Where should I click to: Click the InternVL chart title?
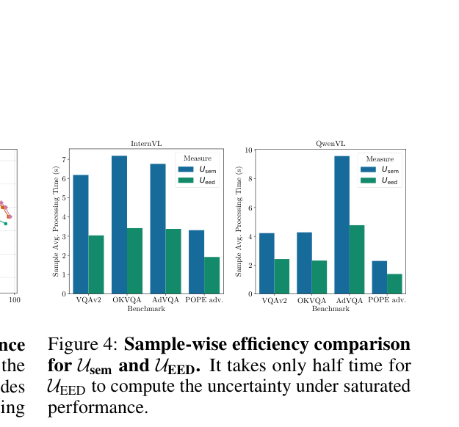146,144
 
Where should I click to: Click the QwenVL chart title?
330,144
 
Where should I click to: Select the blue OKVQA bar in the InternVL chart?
120,225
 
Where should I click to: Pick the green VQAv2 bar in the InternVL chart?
96,264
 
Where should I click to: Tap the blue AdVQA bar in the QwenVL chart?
342,225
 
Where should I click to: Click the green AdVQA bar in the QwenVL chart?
357,260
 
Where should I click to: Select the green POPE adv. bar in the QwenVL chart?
394,284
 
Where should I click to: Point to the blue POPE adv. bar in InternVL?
196,262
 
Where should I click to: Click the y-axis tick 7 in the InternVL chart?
65,159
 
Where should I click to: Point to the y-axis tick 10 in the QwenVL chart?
248,150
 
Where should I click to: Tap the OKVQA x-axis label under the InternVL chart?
127,300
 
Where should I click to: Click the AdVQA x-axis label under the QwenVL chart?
350,300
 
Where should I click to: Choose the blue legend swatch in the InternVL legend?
186,169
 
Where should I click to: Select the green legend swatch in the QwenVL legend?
368,180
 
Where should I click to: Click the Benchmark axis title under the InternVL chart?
146,309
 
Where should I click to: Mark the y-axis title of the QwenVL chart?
239,222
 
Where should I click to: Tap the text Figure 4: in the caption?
82,344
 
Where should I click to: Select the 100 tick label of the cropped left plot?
15,300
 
